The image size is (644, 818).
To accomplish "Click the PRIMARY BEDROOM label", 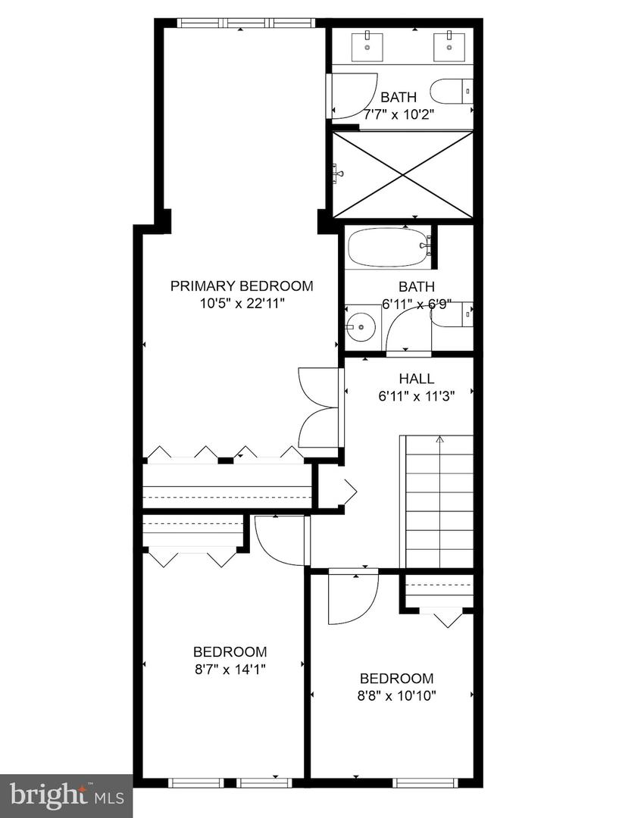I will [241, 286].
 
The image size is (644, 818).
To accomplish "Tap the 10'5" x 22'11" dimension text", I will [241, 303].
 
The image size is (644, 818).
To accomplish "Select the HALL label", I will [416, 379].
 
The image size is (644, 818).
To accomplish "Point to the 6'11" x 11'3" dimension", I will [416, 395].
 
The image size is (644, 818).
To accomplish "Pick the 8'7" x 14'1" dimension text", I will [230, 669].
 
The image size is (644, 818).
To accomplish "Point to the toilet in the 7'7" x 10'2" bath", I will [452, 92].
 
